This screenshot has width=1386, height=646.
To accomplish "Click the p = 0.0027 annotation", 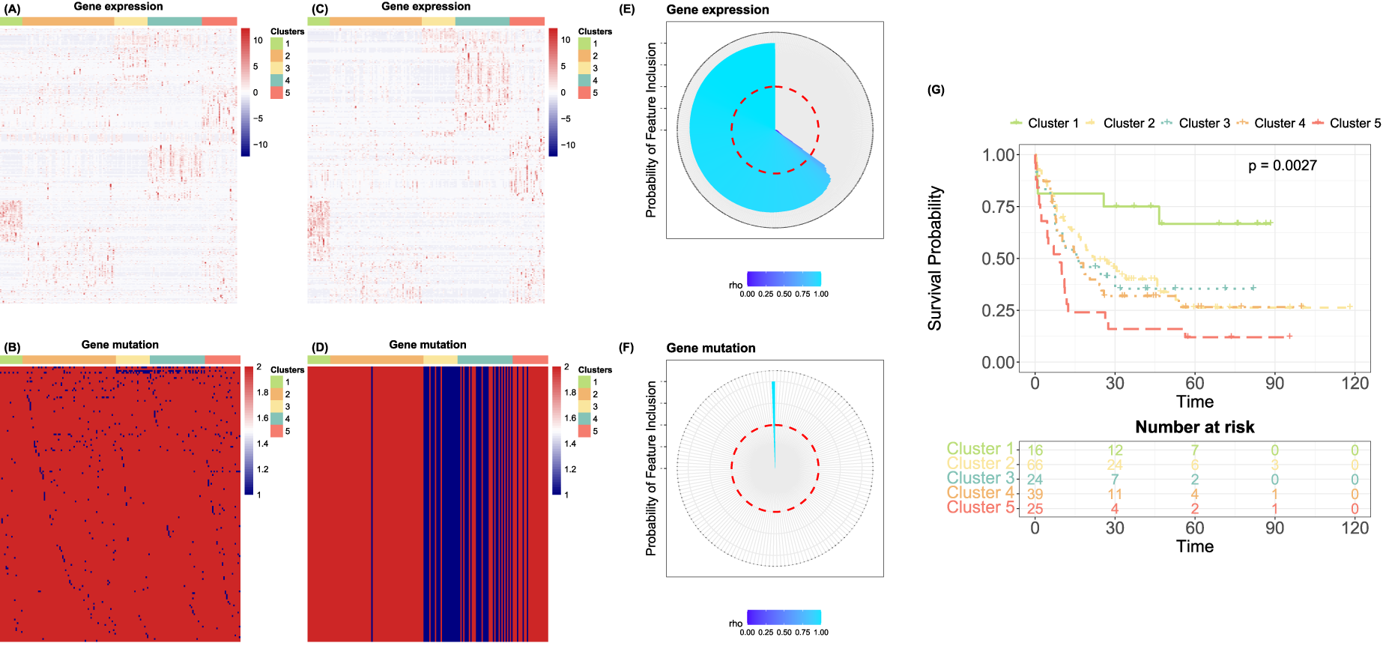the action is [x=1282, y=166].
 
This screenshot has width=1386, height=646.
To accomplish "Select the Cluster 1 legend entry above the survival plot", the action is [x=1044, y=123].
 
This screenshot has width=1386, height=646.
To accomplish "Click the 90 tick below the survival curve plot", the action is [x=1274, y=383].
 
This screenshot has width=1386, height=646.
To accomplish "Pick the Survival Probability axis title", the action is [x=935, y=259].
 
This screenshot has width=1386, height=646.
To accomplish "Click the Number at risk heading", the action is [x=1194, y=427].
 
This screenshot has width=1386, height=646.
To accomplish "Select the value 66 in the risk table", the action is [x=1035, y=465].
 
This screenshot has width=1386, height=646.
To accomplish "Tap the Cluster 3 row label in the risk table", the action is [x=980, y=478].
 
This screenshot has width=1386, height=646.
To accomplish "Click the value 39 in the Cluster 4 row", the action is [x=1035, y=494].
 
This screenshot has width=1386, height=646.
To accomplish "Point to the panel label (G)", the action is [x=936, y=90].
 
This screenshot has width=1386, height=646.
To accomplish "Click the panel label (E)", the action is [x=626, y=10].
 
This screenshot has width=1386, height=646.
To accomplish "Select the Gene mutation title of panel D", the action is [x=428, y=345].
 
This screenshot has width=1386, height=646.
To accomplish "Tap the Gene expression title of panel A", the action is [x=118, y=7].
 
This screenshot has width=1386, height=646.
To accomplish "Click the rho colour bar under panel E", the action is [x=784, y=279].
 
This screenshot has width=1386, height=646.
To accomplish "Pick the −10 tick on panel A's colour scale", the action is [x=260, y=145].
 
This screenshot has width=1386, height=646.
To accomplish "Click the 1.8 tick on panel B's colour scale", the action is [x=262, y=392].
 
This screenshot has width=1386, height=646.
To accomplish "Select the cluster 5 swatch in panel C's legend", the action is [x=584, y=93].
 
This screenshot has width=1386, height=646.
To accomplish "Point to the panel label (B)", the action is [x=12, y=348].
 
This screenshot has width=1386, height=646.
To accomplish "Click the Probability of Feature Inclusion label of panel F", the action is [x=651, y=468].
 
